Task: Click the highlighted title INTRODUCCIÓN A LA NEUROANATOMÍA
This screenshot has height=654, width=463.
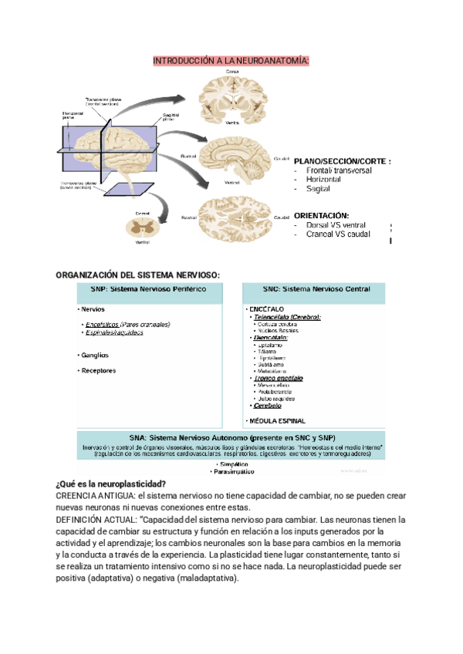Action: pos(231,61)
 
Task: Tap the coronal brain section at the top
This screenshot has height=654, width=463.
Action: pos(232,98)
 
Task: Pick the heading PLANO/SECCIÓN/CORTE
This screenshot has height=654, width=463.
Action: pos(343,161)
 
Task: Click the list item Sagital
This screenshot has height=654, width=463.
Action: pos(318,189)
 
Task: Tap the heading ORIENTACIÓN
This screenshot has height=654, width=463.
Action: pos(322,215)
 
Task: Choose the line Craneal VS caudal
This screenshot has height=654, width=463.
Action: pos(338,234)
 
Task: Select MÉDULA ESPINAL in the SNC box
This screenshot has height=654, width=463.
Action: pos(278,421)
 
